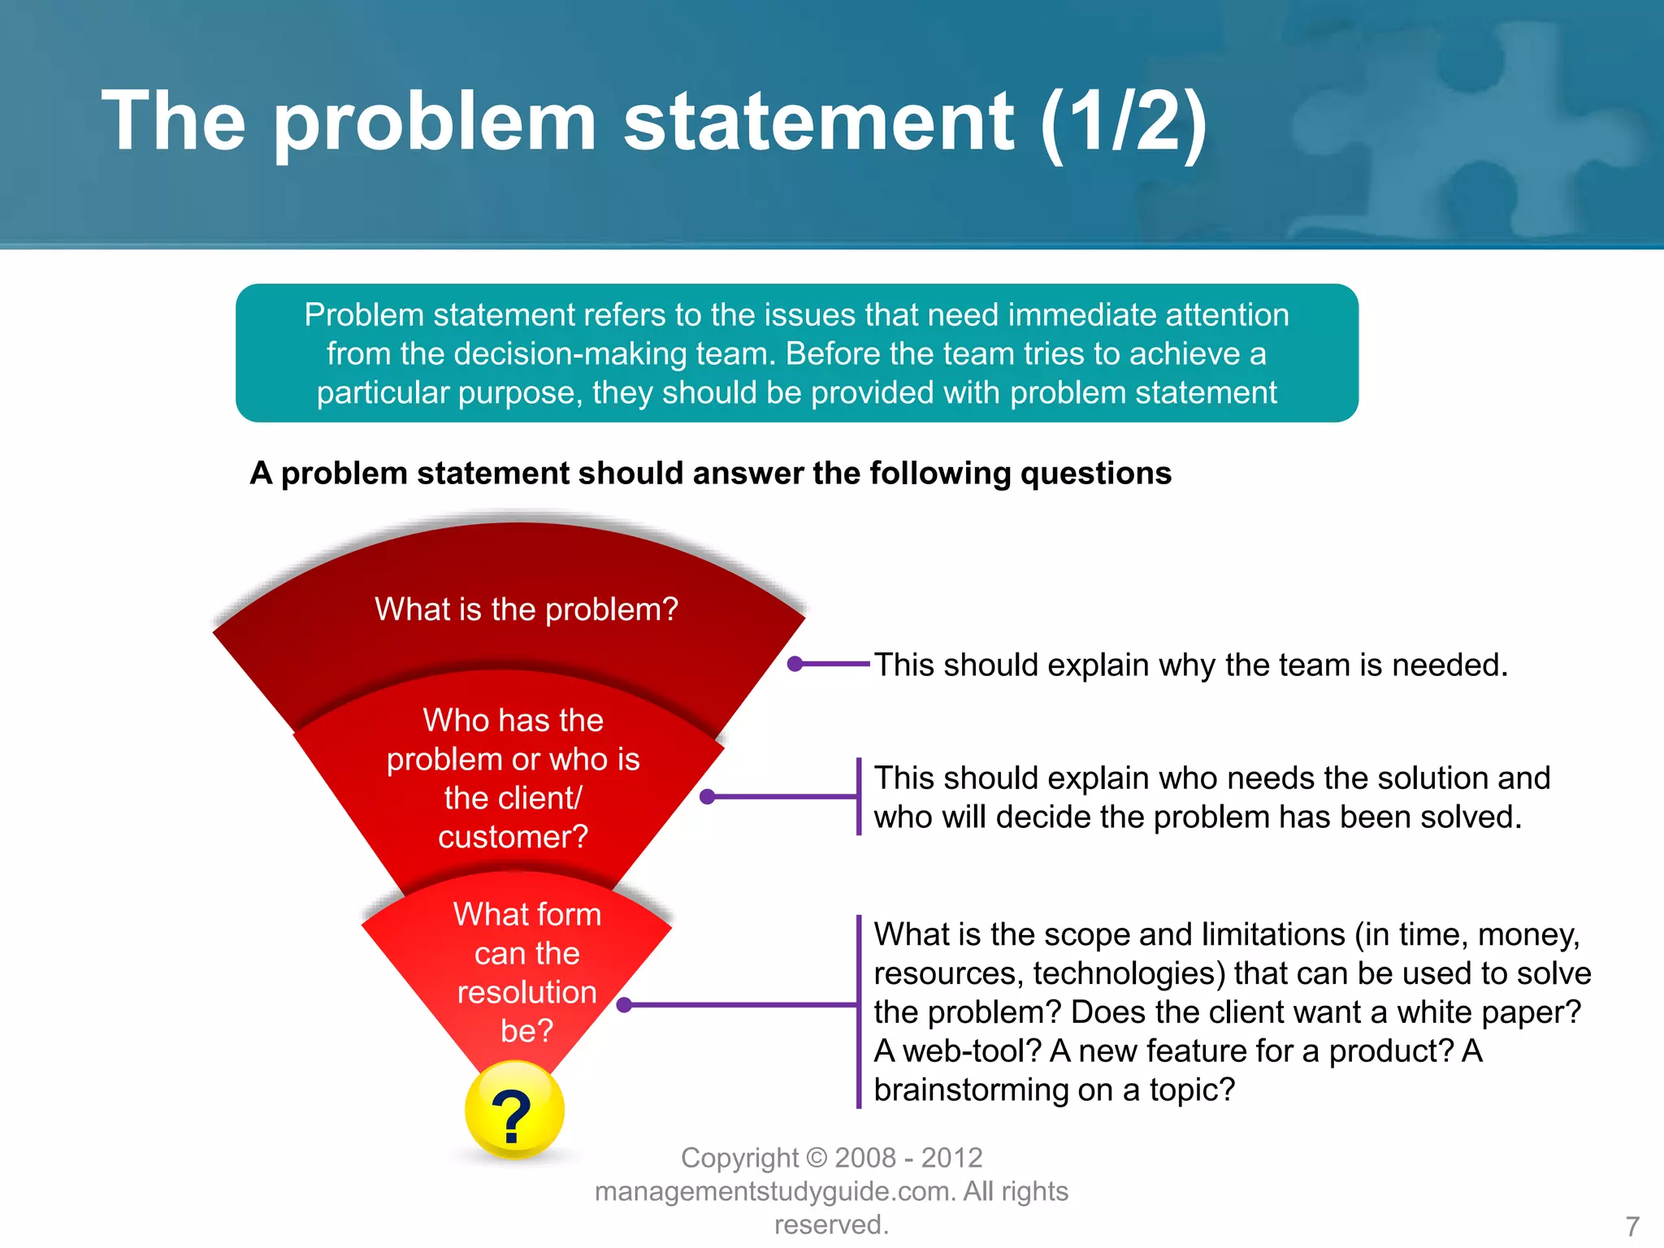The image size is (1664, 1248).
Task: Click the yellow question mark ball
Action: click(514, 1111)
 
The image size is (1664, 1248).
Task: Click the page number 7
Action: click(1631, 1225)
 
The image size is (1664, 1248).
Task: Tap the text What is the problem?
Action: click(526, 609)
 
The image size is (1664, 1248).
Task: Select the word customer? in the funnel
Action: click(513, 837)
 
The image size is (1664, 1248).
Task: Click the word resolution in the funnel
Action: click(526, 992)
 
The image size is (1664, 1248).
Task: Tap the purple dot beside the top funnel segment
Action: click(795, 664)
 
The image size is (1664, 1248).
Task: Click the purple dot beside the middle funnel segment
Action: click(707, 797)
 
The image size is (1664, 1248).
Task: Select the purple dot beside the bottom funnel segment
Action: click(624, 1005)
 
